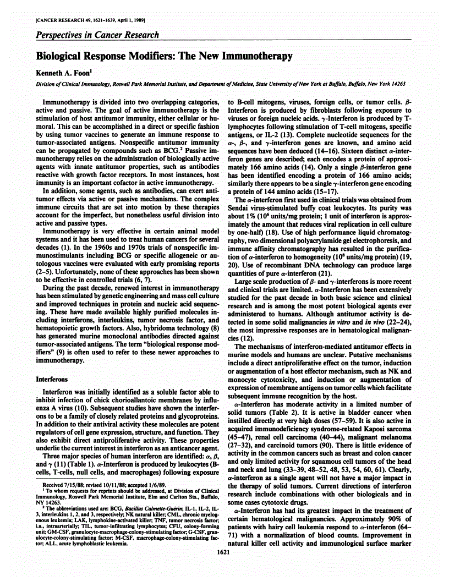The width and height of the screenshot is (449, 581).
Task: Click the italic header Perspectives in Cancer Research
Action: pos(98,35)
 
